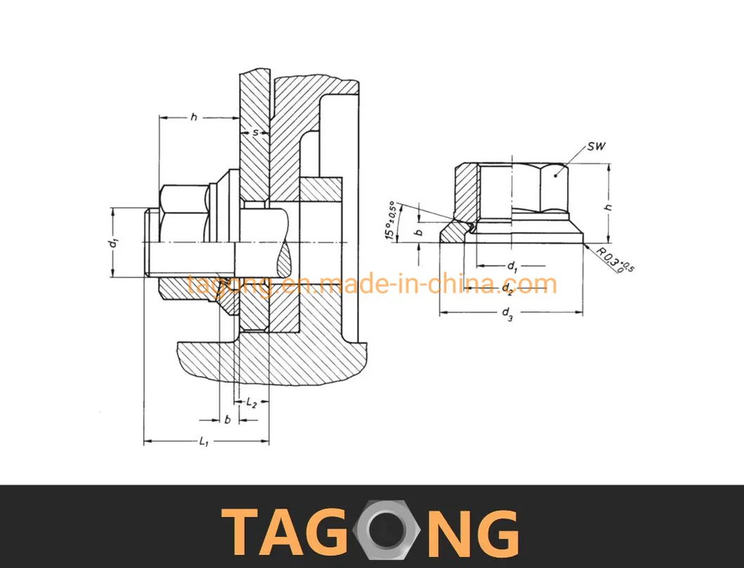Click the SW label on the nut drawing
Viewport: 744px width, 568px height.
[596, 146]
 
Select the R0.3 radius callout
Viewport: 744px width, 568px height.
[615, 260]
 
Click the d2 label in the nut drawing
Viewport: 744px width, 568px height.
[507, 289]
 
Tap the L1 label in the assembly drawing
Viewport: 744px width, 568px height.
[204, 441]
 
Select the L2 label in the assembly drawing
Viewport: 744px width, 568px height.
[252, 404]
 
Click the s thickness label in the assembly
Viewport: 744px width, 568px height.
[255, 132]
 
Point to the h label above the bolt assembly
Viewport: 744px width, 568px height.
[193, 117]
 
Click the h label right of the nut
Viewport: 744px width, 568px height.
[609, 207]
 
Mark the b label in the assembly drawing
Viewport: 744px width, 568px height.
[228, 420]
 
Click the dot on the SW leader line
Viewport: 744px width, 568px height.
[556, 176]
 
